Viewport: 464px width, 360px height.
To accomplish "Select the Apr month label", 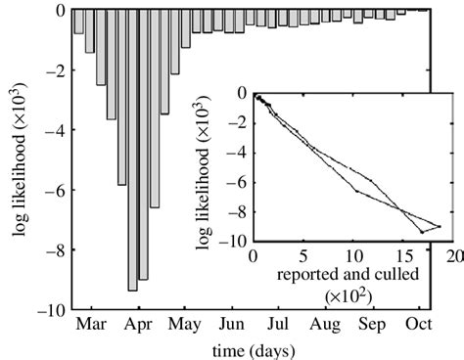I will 136,324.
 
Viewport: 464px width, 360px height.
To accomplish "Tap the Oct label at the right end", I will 419,324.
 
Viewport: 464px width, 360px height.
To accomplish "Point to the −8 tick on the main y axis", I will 54,249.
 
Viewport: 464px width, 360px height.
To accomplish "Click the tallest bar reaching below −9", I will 132,196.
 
